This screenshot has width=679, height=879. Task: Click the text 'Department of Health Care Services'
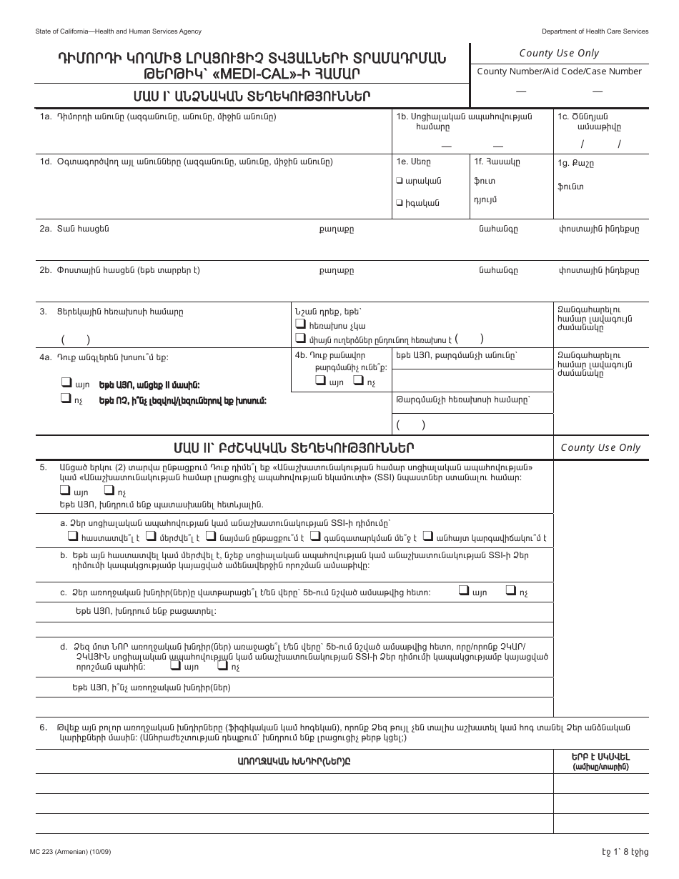595,31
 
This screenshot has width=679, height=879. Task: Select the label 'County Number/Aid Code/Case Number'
560,71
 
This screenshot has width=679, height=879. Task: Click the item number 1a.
46,116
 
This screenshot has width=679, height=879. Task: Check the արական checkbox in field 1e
399,181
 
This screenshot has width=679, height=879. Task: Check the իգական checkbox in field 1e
399,203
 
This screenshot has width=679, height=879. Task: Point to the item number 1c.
563,116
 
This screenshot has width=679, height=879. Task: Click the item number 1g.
563,163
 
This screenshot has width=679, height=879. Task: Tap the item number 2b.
46,271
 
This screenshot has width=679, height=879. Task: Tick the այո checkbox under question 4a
66,382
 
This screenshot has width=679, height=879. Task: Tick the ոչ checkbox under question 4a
66,400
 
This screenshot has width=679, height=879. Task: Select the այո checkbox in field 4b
319,382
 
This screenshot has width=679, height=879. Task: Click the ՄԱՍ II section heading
293,448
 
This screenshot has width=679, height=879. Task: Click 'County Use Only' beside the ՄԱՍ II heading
600,448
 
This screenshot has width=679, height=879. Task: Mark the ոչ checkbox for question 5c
510,590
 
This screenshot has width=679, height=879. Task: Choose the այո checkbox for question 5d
175,665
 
